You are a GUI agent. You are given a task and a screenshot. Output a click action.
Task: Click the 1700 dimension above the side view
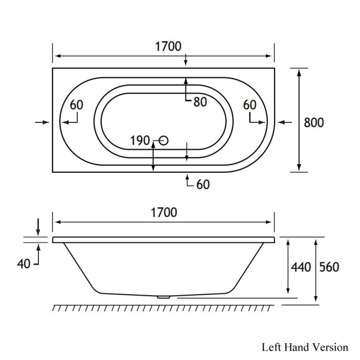(x=164, y=212)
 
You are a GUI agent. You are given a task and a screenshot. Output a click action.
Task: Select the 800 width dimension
(x=314, y=123)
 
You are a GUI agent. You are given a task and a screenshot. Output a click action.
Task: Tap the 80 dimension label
(x=200, y=102)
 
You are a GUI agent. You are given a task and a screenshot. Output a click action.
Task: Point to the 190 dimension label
(x=140, y=141)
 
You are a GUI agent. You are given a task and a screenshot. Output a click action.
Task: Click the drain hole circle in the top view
(x=164, y=141)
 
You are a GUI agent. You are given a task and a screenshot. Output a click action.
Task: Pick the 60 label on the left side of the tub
(x=76, y=105)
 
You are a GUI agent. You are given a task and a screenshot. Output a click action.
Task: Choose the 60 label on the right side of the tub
(x=250, y=105)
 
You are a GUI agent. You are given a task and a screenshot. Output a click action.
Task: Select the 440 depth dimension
(x=301, y=267)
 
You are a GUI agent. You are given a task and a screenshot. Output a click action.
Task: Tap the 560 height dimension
(x=329, y=267)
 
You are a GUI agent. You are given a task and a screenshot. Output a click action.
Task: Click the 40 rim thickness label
(x=24, y=264)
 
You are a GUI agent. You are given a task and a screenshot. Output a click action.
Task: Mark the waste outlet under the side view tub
(x=164, y=297)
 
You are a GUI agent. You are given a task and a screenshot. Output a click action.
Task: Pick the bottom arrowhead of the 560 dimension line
(x=316, y=298)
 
